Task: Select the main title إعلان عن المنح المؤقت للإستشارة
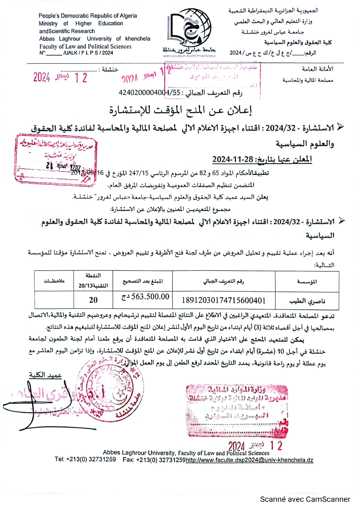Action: coord(180,110)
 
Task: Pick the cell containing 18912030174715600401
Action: coord(224,300)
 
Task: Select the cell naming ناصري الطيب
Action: coord(307,301)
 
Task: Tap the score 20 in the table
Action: coord(93,300)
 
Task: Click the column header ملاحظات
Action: coord(54,281)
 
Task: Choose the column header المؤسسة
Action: coord(307,281)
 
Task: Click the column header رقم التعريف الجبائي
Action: coord(224,281)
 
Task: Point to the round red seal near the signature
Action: coord(110,388)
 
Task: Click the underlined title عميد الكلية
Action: coord(45,375)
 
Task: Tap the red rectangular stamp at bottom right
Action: coord(237,411)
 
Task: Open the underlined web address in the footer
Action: coord(249,460)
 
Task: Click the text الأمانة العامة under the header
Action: coord(317,69)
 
